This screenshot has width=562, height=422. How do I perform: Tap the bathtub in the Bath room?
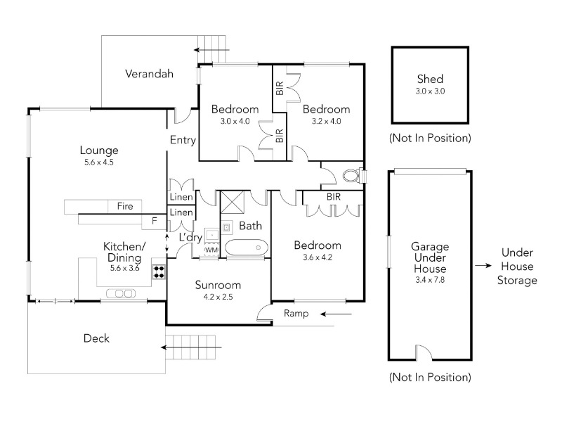point(247,248)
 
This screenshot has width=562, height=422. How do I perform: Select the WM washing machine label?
point(211,250)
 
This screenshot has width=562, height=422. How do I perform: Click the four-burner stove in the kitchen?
point(159,271)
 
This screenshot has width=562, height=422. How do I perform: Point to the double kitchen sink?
point(121,293)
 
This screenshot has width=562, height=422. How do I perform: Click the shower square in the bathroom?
point(232,203)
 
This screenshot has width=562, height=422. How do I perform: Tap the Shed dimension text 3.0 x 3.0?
point(430,91)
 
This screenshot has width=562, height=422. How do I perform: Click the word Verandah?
point(149,74)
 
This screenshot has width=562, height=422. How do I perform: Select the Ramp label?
point(296,313)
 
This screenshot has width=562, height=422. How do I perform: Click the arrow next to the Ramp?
point(336,314)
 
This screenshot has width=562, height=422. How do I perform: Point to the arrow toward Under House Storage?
point(483,266)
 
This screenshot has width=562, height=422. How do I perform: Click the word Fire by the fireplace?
point(125,206)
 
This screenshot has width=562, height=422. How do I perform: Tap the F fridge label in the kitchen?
point(155,220)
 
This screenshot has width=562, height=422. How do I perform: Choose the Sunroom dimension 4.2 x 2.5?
point(218,297)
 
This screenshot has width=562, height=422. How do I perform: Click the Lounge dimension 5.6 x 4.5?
point(99,162)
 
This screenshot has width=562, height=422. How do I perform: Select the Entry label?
point(183,140)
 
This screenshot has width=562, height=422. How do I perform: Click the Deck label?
point(96,338)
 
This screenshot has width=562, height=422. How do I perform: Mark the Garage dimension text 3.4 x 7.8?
point(430,279)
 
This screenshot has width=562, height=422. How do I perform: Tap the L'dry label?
point(190,237)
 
